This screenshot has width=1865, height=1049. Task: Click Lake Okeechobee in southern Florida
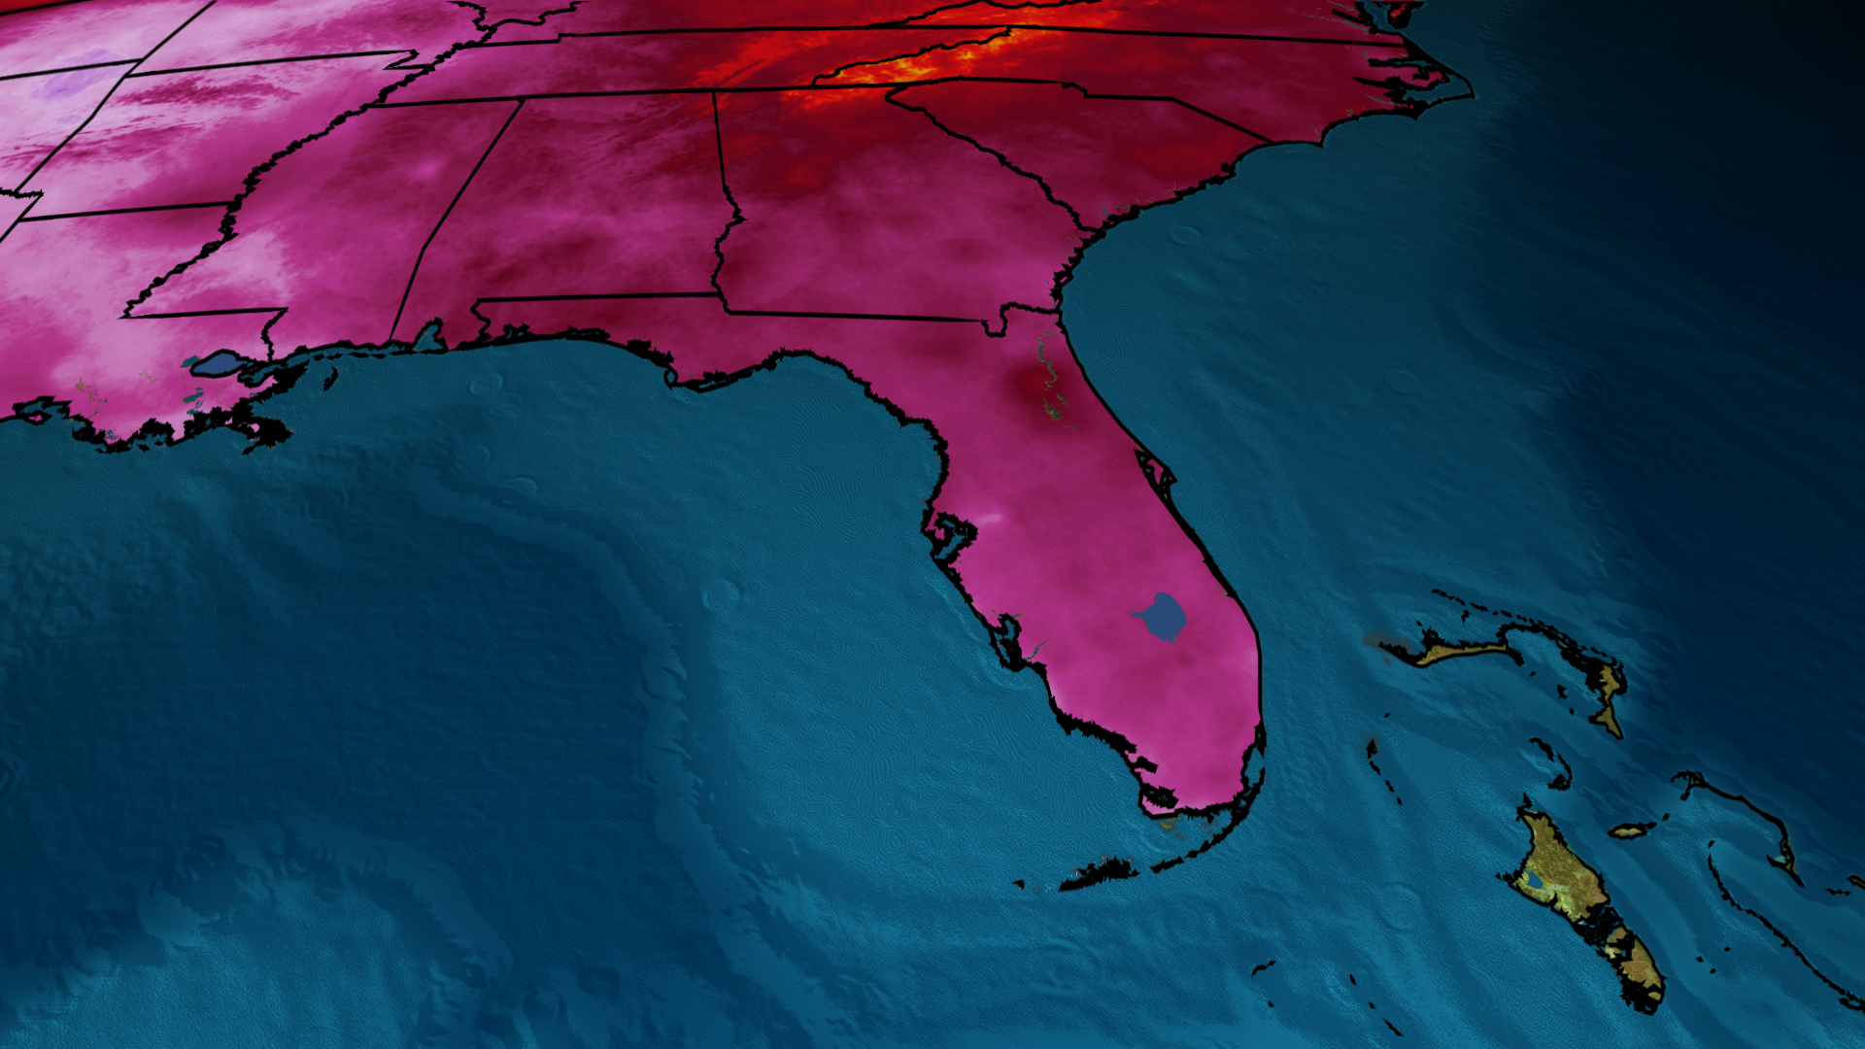tap(1162, 616)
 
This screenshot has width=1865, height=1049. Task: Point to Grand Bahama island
tap(1457, 651)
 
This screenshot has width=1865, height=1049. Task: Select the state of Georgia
tap(874, 214)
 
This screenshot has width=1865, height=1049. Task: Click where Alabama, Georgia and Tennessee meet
tap(715, 93)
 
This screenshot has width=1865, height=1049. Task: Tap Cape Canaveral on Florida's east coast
tap(1166, 476)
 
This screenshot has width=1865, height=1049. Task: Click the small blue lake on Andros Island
tap(1534, 881)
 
